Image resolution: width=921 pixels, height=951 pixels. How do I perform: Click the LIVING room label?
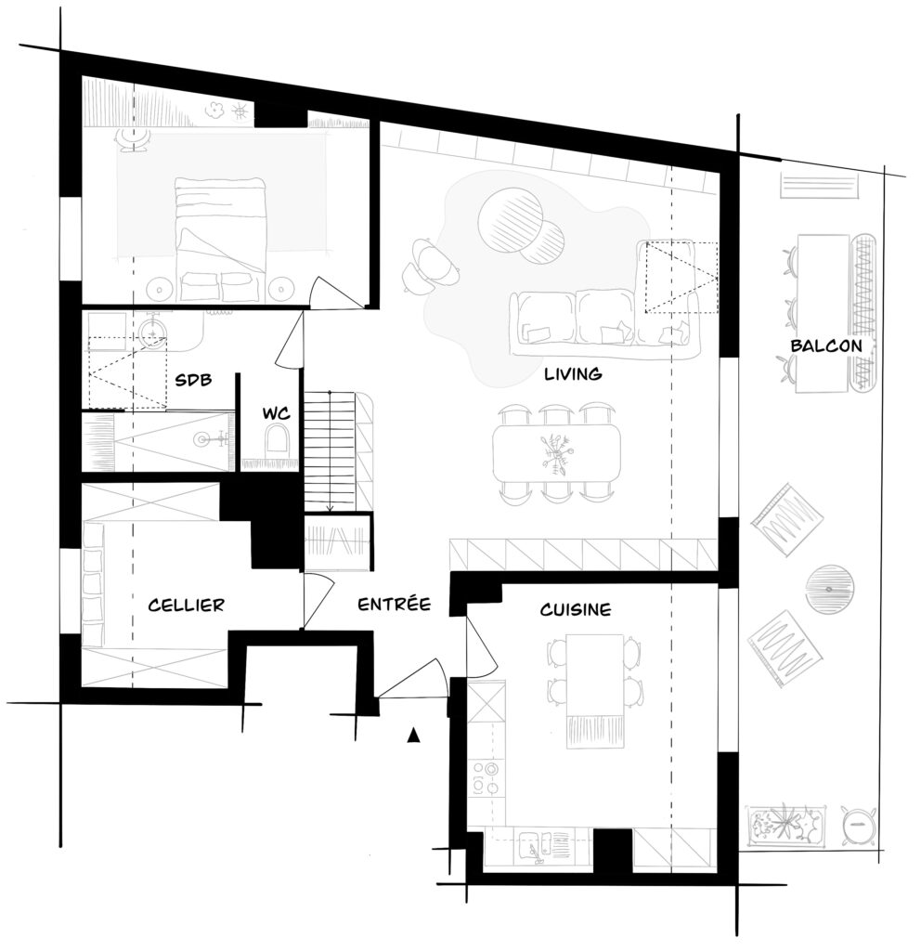pyautogui.click(x=572, y=373)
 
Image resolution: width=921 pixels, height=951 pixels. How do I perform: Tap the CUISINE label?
pyautogui.click(x=576, y=609)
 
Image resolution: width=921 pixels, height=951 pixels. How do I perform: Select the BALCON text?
pyautogui.click(x=825, y=345)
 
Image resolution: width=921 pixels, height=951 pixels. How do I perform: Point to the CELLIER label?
pyautogui.click(x=186, y=605)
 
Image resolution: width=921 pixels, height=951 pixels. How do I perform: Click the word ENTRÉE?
pyautogui.click(x=394, y=604)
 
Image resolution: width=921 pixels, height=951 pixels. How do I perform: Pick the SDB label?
pyautogui.click(x=193, y=380)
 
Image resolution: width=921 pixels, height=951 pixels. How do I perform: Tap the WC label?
pyautogui.click(x=276, y=413)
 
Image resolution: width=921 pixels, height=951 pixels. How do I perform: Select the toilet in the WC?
pyautogui.click(x=277, y=438)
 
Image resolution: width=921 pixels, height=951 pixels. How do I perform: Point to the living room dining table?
pyautogui.click(x=557, y=452)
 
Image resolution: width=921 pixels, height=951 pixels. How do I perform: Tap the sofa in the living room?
pyautogui.click(x=605, y=324)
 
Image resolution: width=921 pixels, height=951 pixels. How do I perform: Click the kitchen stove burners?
pyautogui.click(x=486, y=778)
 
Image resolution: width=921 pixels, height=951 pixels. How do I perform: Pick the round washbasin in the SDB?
pyautogui.click(x=152, y=332)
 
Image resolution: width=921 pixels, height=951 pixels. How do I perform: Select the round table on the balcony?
pyautogui.click(x=829, y=589)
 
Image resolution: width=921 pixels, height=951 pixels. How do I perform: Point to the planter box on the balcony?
pyautogui.click(x=786, y=826)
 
